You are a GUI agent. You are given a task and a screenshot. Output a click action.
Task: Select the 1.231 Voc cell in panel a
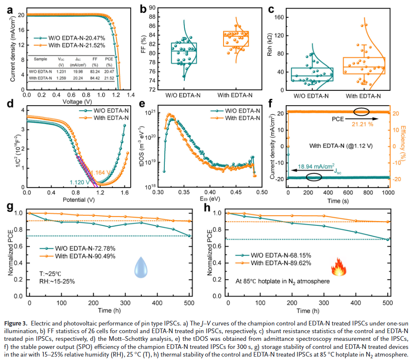(61, 71)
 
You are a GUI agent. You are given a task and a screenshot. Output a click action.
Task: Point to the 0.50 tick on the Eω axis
(261, 193)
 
